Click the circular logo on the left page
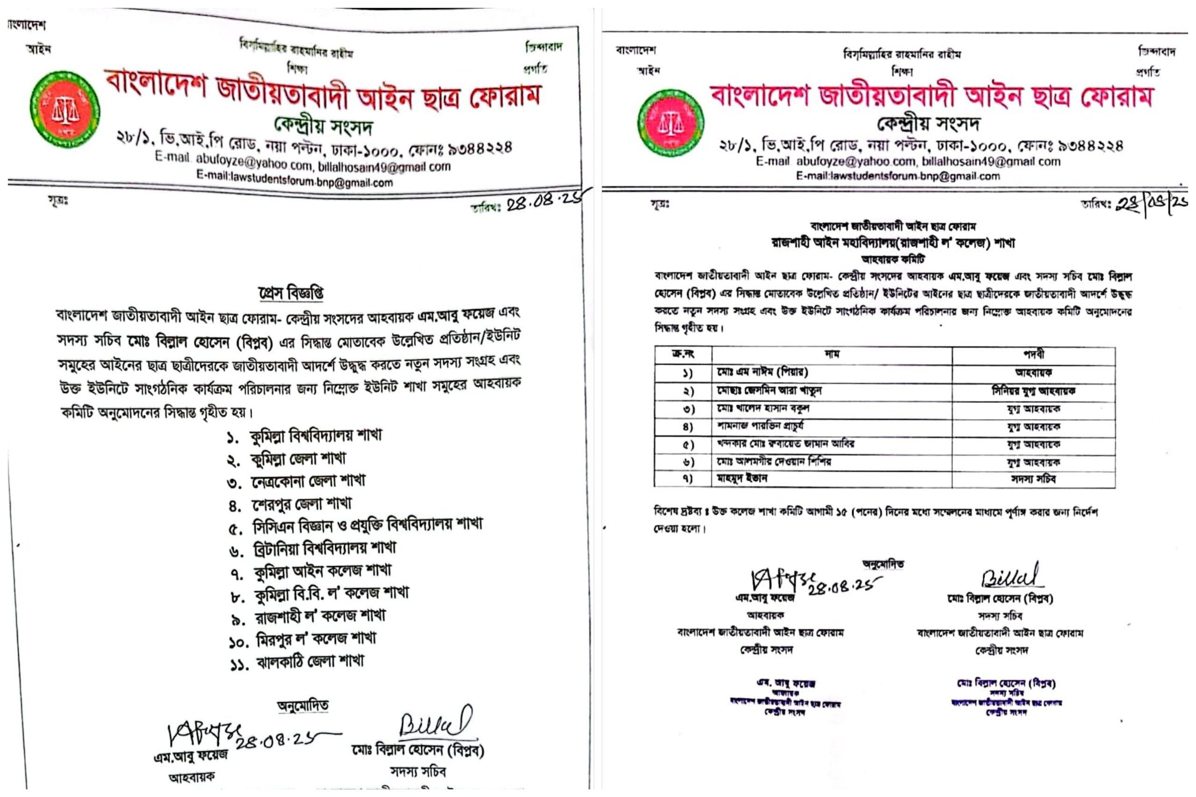tap(64, 109)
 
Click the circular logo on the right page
tap(670, 122)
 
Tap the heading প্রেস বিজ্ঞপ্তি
tap(291, 293)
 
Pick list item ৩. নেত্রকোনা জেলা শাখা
tap(296, 481)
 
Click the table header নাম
tap(832, 354)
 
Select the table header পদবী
tap(1033, 354)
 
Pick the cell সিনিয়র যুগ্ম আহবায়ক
tap(1033, 391)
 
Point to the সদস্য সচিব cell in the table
tap(1033, 479)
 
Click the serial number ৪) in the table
tap(687, 427)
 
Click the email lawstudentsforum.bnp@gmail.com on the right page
tap(897, 176)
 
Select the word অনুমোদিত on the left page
tap(303, 705)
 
